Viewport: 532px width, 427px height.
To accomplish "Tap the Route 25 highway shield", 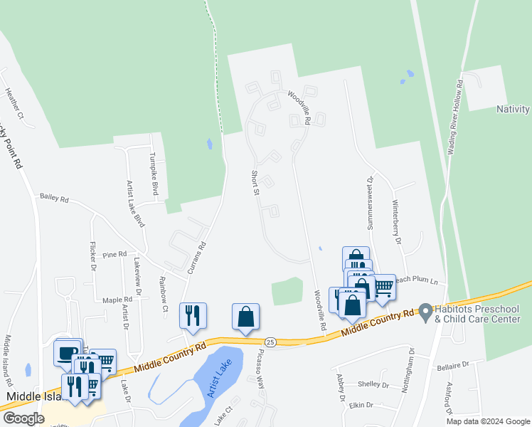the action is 270,342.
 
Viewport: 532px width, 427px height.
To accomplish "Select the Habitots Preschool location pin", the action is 425,312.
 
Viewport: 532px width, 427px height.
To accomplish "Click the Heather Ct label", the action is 14,103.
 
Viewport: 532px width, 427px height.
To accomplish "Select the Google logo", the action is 23,418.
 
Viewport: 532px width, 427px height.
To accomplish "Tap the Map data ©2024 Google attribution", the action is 487,421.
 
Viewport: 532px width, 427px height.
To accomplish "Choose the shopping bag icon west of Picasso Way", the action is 245,317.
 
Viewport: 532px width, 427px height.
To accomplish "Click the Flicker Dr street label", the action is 93,256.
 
